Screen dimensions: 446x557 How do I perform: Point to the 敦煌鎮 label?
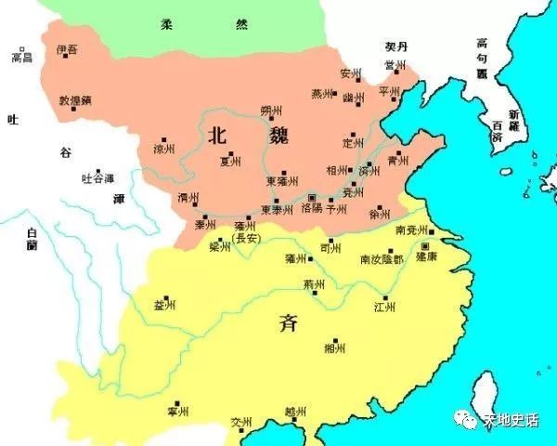(73, 98)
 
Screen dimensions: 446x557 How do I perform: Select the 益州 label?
(163, 303)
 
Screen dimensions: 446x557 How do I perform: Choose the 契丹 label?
(396, 46)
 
